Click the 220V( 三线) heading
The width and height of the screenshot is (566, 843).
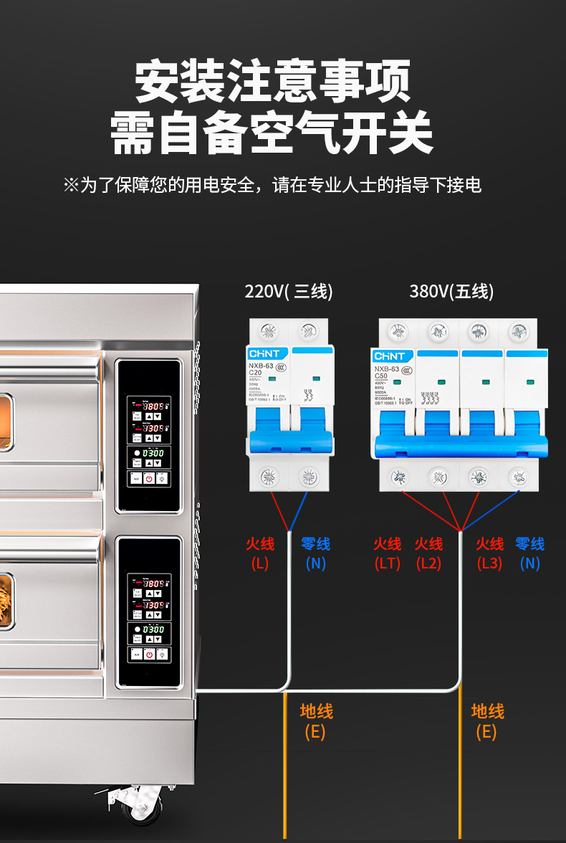[x=289, y=292]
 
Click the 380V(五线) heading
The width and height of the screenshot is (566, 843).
[x=451, y=292]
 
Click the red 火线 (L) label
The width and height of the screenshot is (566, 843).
[x=259, y=553]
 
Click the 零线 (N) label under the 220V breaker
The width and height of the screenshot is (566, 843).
[x=315, y=553]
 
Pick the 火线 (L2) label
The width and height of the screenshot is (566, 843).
[x=428, y=553]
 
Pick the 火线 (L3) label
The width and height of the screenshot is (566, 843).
[x=490, y=553]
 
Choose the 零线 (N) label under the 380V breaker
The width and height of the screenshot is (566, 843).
[x=530, y=553]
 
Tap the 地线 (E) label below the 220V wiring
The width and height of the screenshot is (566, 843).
[x=316, y=721]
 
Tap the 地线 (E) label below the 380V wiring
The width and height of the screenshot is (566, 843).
[x=487, y=721]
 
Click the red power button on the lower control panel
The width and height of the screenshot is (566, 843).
[x=148, y=654]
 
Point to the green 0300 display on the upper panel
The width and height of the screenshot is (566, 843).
[x=153, y=453]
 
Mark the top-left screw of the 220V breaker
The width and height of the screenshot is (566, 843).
[x=269, y=332]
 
